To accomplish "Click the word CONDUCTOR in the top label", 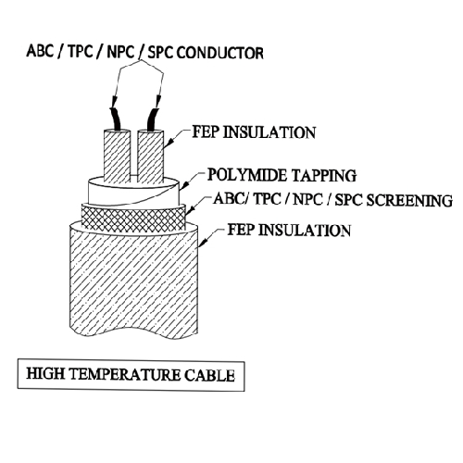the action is click(220, 53).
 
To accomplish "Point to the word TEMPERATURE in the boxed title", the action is click(125, 374).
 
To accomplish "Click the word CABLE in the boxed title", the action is click(209, 375).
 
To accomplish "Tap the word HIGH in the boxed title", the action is click(45, 373).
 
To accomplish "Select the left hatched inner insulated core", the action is click(117, 156).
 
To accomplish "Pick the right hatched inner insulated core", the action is click(150, 156).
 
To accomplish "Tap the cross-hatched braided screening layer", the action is click(133, 219).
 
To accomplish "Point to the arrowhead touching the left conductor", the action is click(114, 101).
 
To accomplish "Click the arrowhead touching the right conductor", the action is click(158, 102).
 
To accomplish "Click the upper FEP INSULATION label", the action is click(254, 132).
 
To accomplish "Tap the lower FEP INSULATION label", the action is click(289, 231).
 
